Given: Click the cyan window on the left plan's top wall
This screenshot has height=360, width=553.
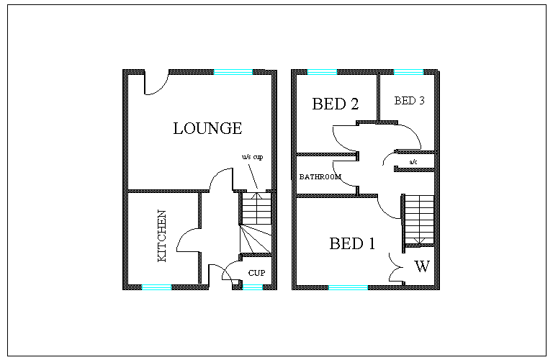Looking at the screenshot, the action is pos(233,72).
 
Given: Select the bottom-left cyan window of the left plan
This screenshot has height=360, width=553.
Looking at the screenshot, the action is pos(156,287).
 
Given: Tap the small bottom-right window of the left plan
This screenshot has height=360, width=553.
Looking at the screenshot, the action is pos(253,287).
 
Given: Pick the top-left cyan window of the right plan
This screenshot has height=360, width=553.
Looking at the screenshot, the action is pos(322,72).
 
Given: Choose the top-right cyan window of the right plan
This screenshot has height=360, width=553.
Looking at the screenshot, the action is pos(408,72).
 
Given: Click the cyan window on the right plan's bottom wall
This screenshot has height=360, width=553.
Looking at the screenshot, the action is pos(348,287).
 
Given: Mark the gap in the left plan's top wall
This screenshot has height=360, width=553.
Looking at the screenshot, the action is pos(157,72).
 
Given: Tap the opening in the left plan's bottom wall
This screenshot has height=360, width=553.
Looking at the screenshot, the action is pos(221,287).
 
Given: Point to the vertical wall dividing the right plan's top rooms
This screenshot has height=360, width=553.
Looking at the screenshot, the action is pos(378,96).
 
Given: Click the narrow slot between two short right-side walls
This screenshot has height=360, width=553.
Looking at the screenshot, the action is pos(415,161).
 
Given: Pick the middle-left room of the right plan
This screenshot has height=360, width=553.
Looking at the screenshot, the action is pos(326,175).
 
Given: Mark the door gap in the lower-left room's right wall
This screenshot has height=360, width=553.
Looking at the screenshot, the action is pos(199,240).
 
